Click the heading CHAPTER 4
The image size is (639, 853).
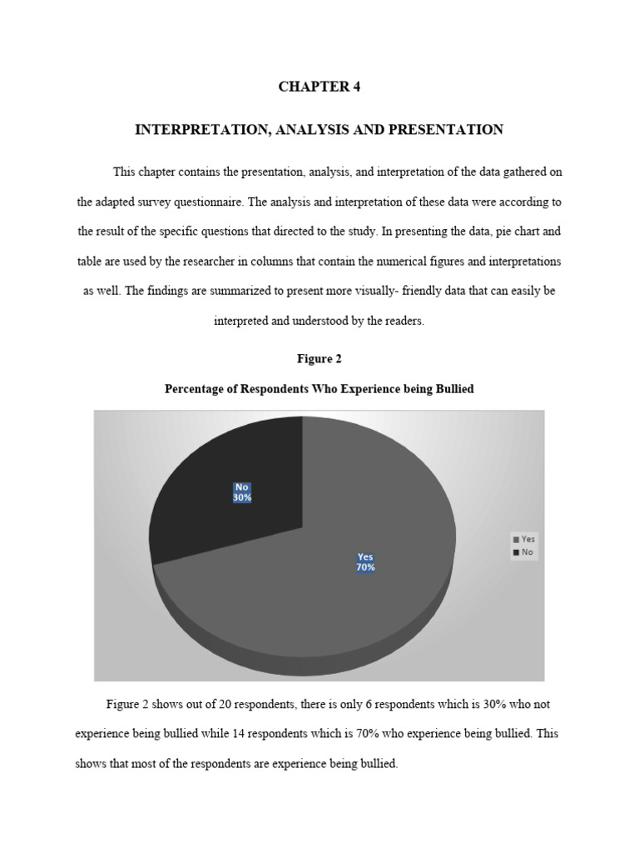[x=319, y=87]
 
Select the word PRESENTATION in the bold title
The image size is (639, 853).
[x=454, y=130]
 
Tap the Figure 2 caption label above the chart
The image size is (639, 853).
[x=319, y=359]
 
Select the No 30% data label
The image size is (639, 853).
[x=242, y=492]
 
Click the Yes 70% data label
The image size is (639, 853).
[x=366, y=562]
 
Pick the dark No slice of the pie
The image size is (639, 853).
[x=225, y=466]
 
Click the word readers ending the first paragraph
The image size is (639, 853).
[x=405, y=322]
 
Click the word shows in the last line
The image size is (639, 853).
[x=91, y=764]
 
